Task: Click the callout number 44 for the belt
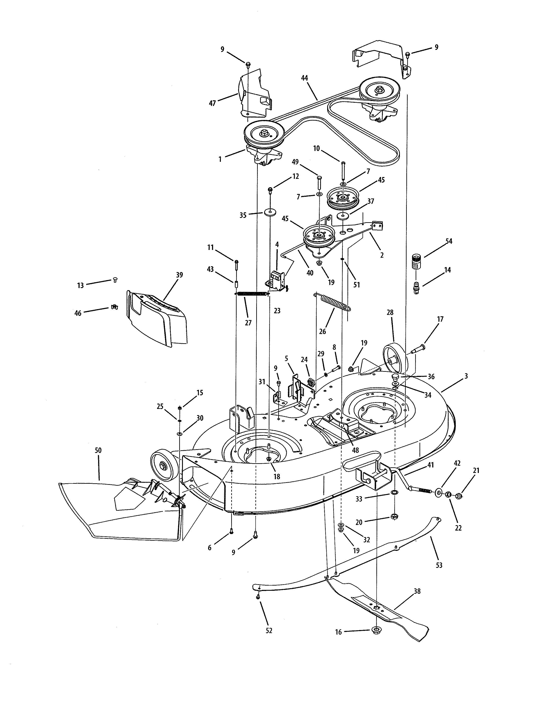304,78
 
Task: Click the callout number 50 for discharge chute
98,451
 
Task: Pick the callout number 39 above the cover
179,275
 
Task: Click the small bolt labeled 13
115,279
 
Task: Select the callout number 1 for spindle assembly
220,159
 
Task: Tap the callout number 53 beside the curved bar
439,565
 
